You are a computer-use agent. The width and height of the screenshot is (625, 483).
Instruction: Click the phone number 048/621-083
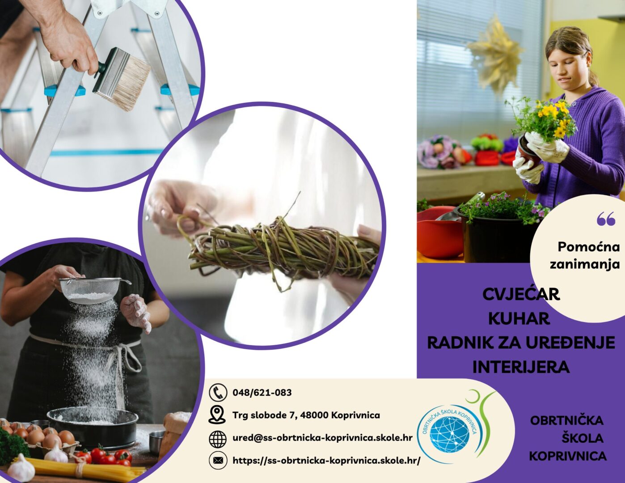pos(262,392)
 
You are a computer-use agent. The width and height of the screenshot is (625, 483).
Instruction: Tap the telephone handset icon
pos(218,392)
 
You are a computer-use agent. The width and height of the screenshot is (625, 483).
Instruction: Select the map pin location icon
pos(218,415)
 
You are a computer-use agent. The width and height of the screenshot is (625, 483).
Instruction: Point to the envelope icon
pos(218,461)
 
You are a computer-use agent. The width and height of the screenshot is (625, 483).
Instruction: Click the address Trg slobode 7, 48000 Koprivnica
pos(306,415)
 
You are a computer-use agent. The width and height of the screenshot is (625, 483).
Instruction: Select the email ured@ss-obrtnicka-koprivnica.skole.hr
pos(322,438)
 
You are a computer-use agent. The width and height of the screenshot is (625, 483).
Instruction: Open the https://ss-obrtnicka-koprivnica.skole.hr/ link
pos(326,461)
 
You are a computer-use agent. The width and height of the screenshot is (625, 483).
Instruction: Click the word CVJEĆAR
pos(521,294)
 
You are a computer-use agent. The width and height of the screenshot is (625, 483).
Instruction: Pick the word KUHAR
pos(519,319)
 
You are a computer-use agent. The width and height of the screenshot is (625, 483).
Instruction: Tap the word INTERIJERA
pos(521,367)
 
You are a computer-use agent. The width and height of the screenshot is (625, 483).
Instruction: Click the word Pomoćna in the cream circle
pos(588,247)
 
